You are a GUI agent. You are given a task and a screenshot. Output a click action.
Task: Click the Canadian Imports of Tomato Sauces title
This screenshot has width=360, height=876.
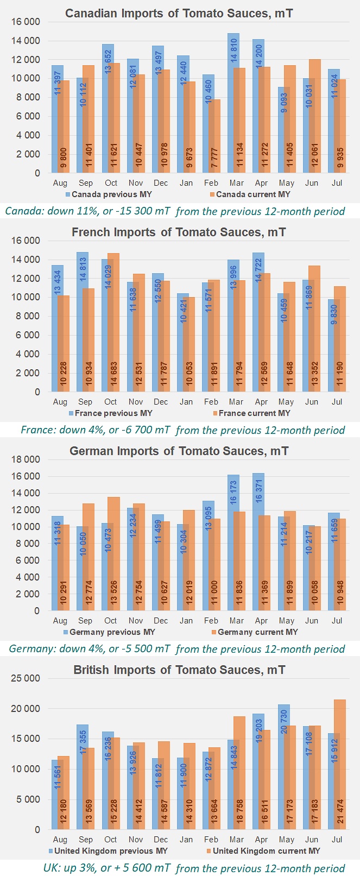(x=179, y=13)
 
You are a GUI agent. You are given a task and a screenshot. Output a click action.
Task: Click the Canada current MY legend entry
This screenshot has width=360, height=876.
(x=253, y=194)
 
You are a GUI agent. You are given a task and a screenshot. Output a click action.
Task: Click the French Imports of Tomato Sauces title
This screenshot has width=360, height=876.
(x=179, y=232)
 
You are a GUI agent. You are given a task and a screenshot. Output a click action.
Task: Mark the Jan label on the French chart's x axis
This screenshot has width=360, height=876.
(x=186, y=402)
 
